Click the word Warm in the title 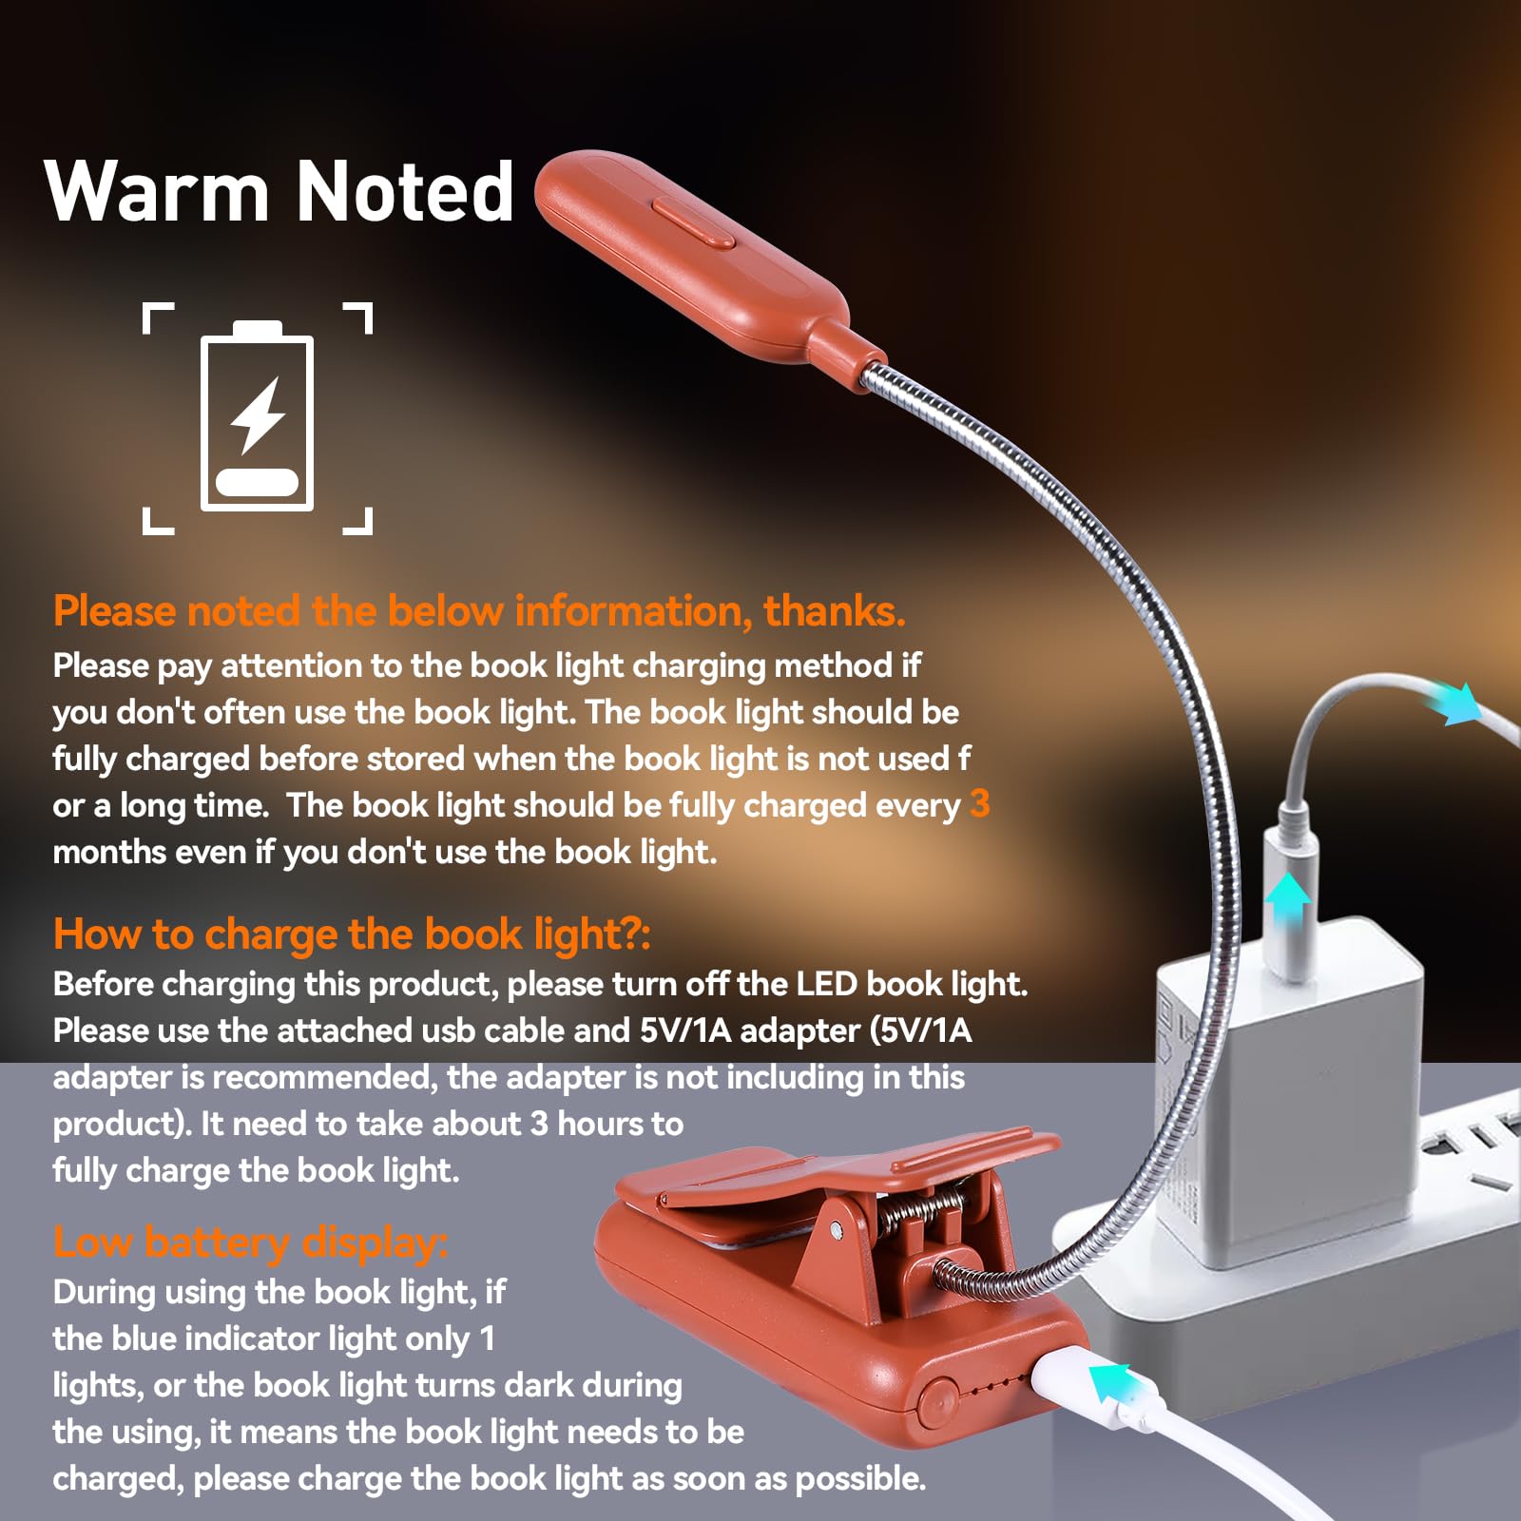(157, 192)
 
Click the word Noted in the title (406, 192)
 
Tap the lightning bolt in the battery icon (258, 414)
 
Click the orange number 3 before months (979, 804)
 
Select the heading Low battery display (250, 1242)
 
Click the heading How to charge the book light (352, 934)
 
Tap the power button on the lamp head (693, 221)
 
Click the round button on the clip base (937, 1400)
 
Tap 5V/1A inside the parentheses (925, 1030)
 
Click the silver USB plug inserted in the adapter (1290, 860)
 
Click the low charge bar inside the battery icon (257, 482)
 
